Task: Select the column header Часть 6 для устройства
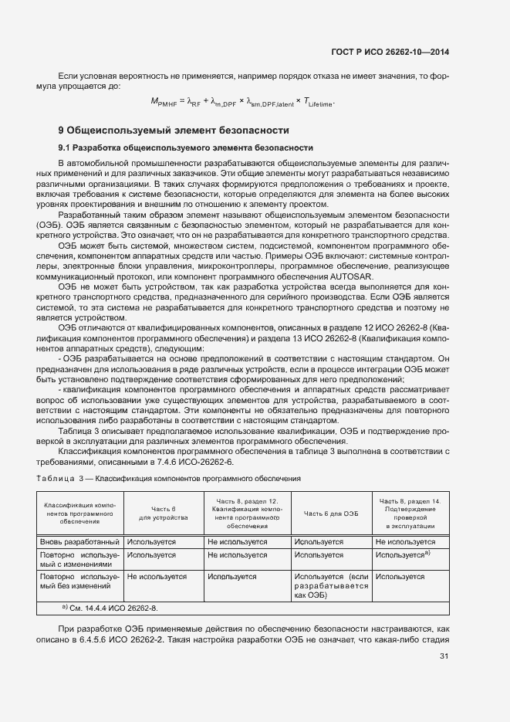(x=164, y=514)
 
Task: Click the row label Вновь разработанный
(x=79, y=543)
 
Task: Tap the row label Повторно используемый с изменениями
(x=79, y=560)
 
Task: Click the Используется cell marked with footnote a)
(x=402, y=554)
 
